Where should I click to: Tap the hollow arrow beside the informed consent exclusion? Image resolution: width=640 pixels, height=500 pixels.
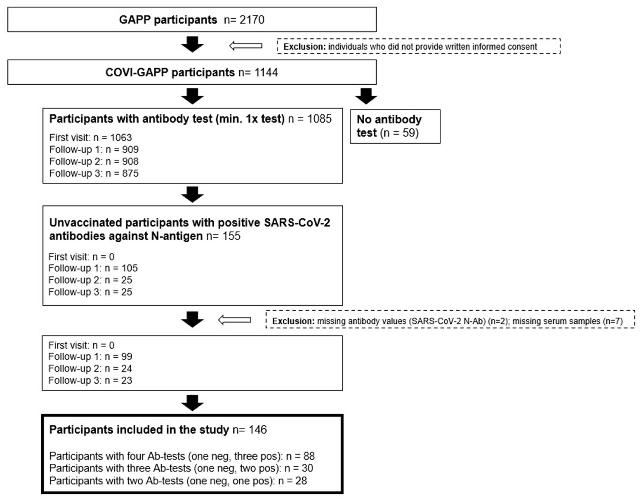pos(246,46)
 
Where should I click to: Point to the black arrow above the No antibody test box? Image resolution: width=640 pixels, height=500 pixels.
pos(366,96)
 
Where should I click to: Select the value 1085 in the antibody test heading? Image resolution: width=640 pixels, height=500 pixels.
pos(319,119)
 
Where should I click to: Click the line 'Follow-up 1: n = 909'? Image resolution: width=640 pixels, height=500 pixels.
pos(94,150)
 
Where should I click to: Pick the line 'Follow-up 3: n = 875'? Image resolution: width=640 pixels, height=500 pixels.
pos(94,173)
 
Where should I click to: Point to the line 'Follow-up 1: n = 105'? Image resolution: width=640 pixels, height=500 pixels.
pos(93,268)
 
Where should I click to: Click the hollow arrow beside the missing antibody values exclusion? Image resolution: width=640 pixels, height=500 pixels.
pos(235,320)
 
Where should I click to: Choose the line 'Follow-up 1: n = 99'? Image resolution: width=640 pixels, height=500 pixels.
pos(90,357)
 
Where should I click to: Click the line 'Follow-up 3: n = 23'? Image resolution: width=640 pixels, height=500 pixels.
pos(90,380)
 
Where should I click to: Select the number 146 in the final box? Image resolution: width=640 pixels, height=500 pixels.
pos(258,430)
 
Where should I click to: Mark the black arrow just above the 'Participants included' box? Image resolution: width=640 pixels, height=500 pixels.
pos(192,403)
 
